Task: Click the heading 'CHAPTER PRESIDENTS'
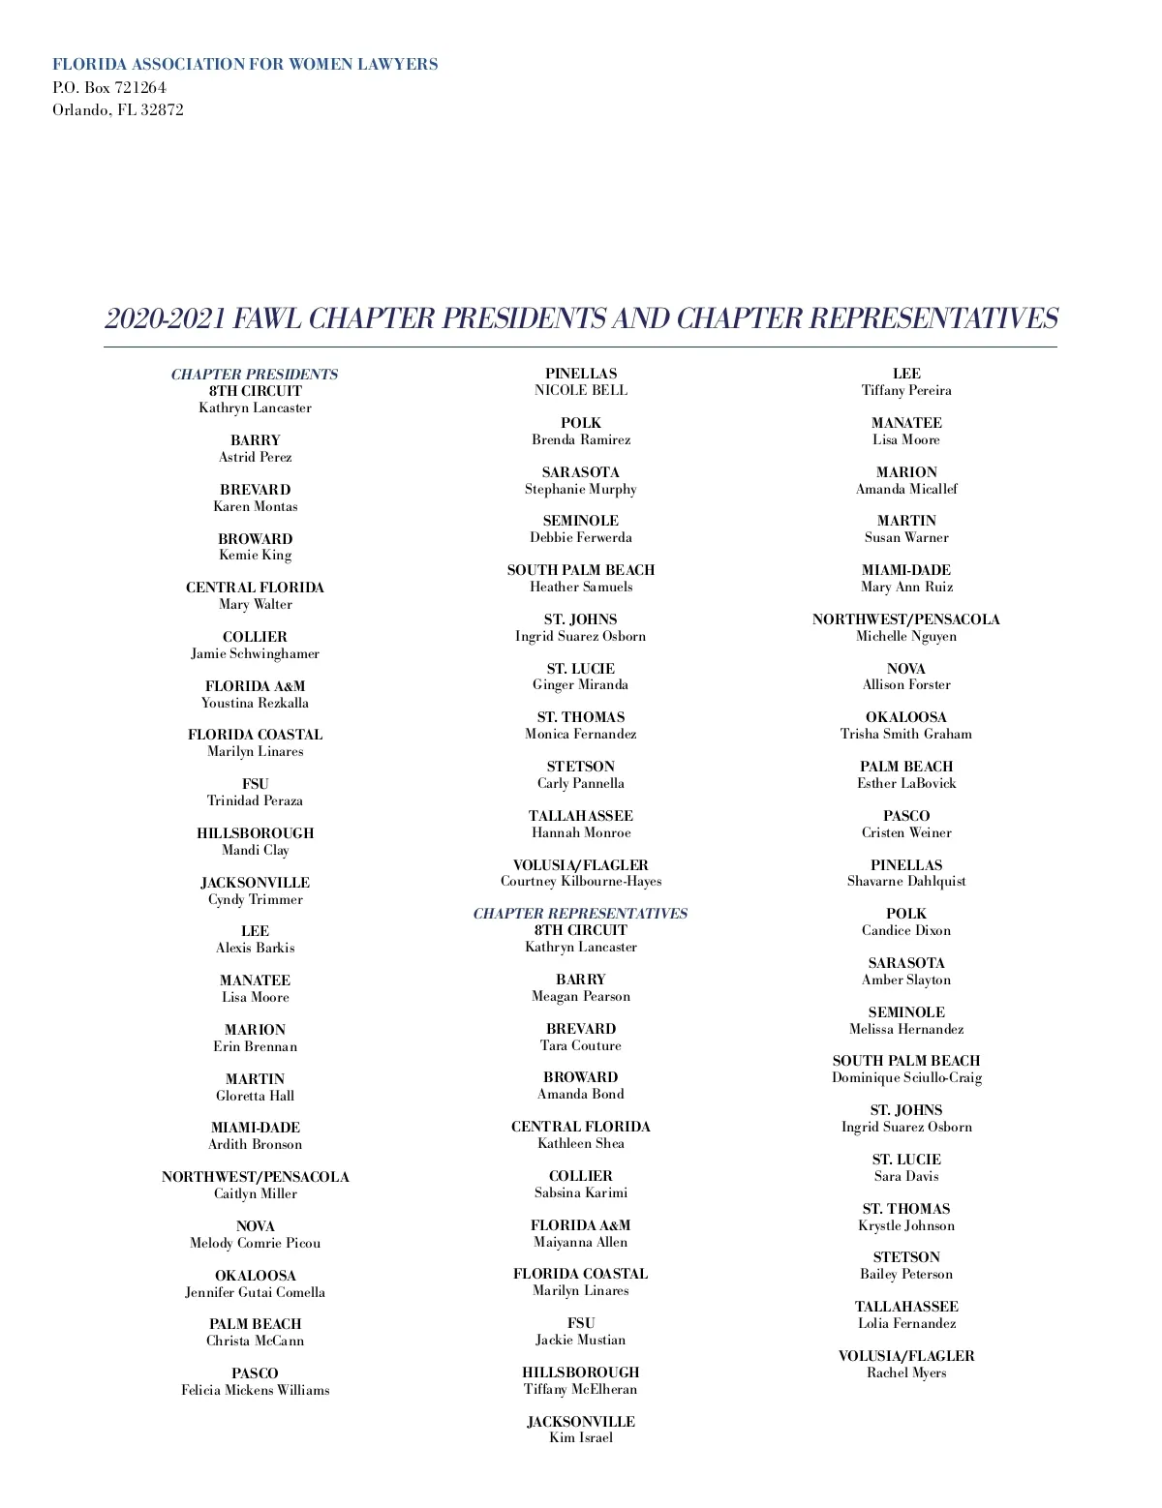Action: (x=255, y=375)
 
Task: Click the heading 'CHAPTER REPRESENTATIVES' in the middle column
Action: (x=580, y=914)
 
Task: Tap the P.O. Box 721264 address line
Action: (x=109, y=87)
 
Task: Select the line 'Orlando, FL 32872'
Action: (x=118, y=109)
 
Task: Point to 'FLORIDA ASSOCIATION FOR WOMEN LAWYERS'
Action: (x=245, y=65)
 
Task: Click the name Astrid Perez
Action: (x=255, y=457)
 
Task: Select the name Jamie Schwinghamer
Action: (x=255, y=653)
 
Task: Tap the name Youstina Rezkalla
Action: (x=255, y=703)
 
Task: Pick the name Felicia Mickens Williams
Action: (x=255, y=1390)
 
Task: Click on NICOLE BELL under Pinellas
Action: (x=581, y=390)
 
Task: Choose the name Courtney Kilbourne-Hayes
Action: (x=581, y=881)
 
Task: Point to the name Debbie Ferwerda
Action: (x=581, y=537)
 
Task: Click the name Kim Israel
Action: (x=581, y=1437)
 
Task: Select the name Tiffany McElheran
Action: (x=581, y=1389)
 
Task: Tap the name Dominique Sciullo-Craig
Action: (x=906, y=1077)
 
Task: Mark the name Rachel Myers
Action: (x=906, y=1372)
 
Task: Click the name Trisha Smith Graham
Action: (x=906, y=734)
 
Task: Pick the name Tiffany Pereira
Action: (x=906, y=390)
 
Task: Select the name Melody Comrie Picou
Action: (x=255, y=1243)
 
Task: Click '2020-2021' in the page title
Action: (x=165, y=318)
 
